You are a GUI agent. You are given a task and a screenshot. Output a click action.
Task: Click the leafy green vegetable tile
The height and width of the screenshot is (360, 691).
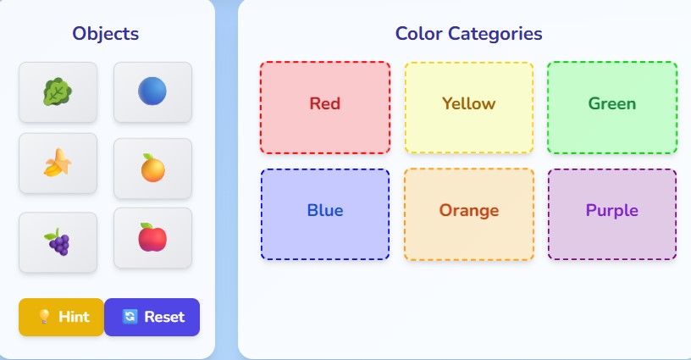click(58, 91)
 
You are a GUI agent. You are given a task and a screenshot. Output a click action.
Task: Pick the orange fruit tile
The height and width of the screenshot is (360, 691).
click(152, 168)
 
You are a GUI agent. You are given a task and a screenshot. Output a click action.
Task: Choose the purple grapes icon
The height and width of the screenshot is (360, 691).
click(58, 242)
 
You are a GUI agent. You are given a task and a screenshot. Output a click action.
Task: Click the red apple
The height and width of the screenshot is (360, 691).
click(152, 238)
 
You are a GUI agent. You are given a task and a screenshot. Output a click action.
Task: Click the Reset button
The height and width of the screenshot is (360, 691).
click(152, 317)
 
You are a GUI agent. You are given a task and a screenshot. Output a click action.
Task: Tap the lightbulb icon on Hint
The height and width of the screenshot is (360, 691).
click(44, 317)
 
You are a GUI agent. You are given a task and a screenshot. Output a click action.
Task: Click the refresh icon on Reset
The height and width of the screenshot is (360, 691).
click(130, 317)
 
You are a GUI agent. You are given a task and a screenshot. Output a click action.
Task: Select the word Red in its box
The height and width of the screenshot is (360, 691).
click(324, 104)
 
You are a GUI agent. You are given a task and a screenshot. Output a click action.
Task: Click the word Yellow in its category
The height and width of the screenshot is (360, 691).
click(468, 104)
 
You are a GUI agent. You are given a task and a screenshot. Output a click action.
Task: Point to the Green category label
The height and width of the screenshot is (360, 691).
click(611, 104)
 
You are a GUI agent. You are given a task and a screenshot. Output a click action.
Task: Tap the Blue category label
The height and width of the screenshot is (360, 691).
click(324, 210)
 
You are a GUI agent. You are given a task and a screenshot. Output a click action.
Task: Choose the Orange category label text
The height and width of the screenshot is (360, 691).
click(468, 210)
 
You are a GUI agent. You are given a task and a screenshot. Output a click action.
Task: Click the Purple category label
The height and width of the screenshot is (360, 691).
click(611, 210)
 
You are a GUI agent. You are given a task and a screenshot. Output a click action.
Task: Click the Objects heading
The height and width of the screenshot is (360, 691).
click(106, 34)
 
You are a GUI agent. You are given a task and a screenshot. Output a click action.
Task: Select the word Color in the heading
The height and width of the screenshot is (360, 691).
click(418, 34)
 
